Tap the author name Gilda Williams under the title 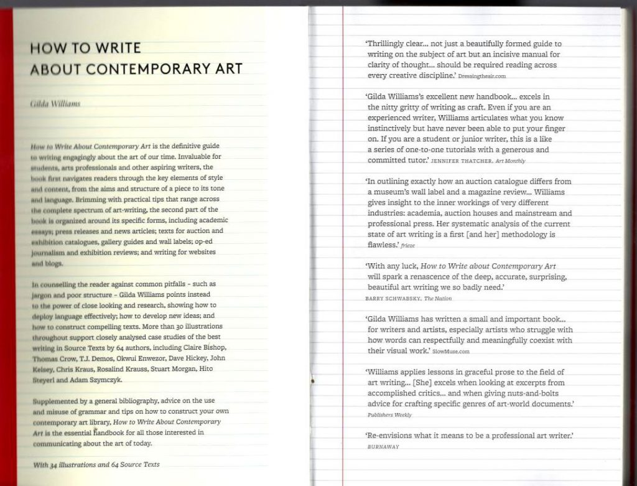55,103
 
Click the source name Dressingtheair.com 482,76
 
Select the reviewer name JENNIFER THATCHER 461,161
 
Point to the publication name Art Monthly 510,161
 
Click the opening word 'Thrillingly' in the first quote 387,44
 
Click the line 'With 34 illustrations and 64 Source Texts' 96,464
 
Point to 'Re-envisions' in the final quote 391,435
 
